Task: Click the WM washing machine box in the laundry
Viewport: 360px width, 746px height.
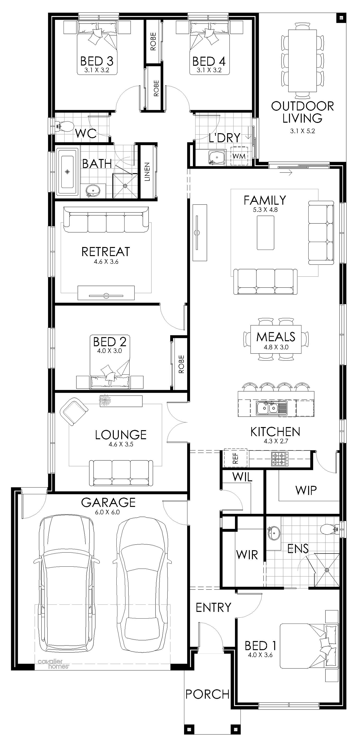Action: pyautogui.click(x=239, y=156)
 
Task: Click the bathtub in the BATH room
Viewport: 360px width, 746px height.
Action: pyautogui.click(x=67, y=172)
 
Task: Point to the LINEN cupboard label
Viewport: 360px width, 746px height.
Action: pyautogui.click(x=147, y=172)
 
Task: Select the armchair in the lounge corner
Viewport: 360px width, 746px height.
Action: pyautogui.click(x=74, y=411)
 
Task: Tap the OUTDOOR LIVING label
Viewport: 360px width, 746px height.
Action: pyautogui.click(x=302, y=112)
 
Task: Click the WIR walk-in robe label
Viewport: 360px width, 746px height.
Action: pyautogui.click(x=247, y=554)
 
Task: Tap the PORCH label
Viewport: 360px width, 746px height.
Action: pyautogui.click(x=207, y=694)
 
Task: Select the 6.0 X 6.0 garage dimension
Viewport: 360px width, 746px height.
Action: pyautogui.click(x=107, y=512)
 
